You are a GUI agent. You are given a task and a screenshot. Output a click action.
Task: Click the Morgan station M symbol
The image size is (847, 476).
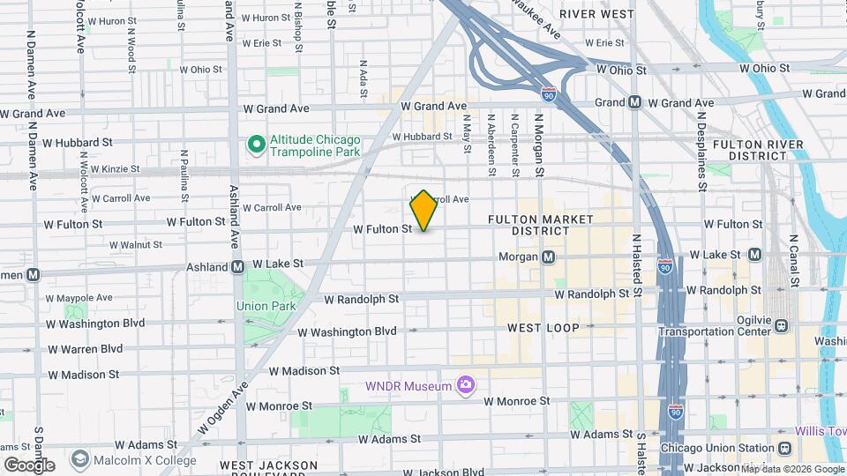coord(549,257)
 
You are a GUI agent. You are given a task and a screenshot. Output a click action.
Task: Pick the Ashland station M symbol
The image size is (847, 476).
coord(237,266)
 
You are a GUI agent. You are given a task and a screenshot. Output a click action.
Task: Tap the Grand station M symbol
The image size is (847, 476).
coord(634,102)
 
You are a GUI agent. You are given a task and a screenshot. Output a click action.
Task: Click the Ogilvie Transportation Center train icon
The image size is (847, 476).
coord(781,326)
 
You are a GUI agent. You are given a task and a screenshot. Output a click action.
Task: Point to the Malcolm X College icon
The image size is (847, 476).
coord(80,459)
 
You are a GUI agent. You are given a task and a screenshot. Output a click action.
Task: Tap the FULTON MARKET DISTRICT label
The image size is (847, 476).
coord(540,225)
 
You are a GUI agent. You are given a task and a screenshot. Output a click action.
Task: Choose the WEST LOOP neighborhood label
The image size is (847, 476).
coord(543,328)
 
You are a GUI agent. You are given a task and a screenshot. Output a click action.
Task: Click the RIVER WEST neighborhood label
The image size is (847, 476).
coord(597,14)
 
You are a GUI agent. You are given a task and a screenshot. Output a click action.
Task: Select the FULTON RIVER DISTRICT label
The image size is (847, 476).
coord(757,150)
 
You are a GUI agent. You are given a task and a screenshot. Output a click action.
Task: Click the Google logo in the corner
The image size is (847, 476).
coord(29,465)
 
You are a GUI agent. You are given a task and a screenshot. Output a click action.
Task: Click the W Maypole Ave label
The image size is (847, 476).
coord(80,298)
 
